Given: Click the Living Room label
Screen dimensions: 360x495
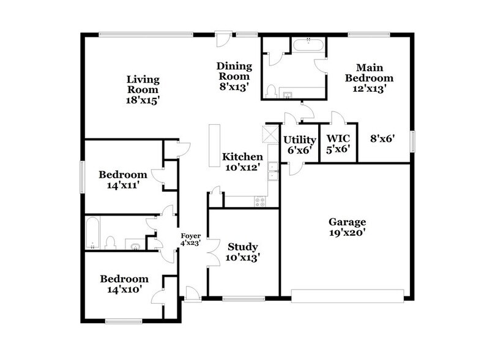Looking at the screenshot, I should tap(143, 80).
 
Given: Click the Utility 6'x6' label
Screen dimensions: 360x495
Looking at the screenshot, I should tap(300, 144).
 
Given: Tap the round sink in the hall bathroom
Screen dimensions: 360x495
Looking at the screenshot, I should tap(136, 246).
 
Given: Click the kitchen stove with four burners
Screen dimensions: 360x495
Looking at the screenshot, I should tap(260, 200).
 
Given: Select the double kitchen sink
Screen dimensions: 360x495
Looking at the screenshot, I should tap(274, 171).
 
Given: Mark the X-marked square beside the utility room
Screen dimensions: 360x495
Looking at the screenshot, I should tap(270, 134).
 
